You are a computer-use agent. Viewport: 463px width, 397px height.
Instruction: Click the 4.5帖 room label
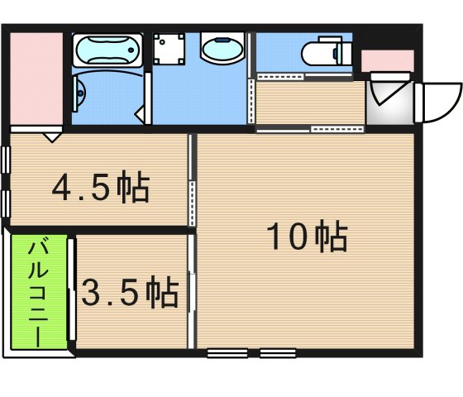pos(101,189)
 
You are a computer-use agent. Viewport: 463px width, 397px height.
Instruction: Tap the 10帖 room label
pos(306,238)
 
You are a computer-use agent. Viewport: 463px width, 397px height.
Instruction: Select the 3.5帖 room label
pos(131,292)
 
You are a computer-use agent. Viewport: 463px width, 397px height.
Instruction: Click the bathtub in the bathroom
pos(107,52)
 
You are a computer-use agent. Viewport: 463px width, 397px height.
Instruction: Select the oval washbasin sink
pos(222,50)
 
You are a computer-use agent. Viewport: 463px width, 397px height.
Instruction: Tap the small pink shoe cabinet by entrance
pos(387,60)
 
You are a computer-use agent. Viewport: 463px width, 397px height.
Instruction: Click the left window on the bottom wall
pos(227,354)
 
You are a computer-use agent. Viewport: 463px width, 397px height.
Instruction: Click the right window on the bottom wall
pos(278,354)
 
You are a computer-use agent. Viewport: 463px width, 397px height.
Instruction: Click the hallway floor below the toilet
pos(310,101)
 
